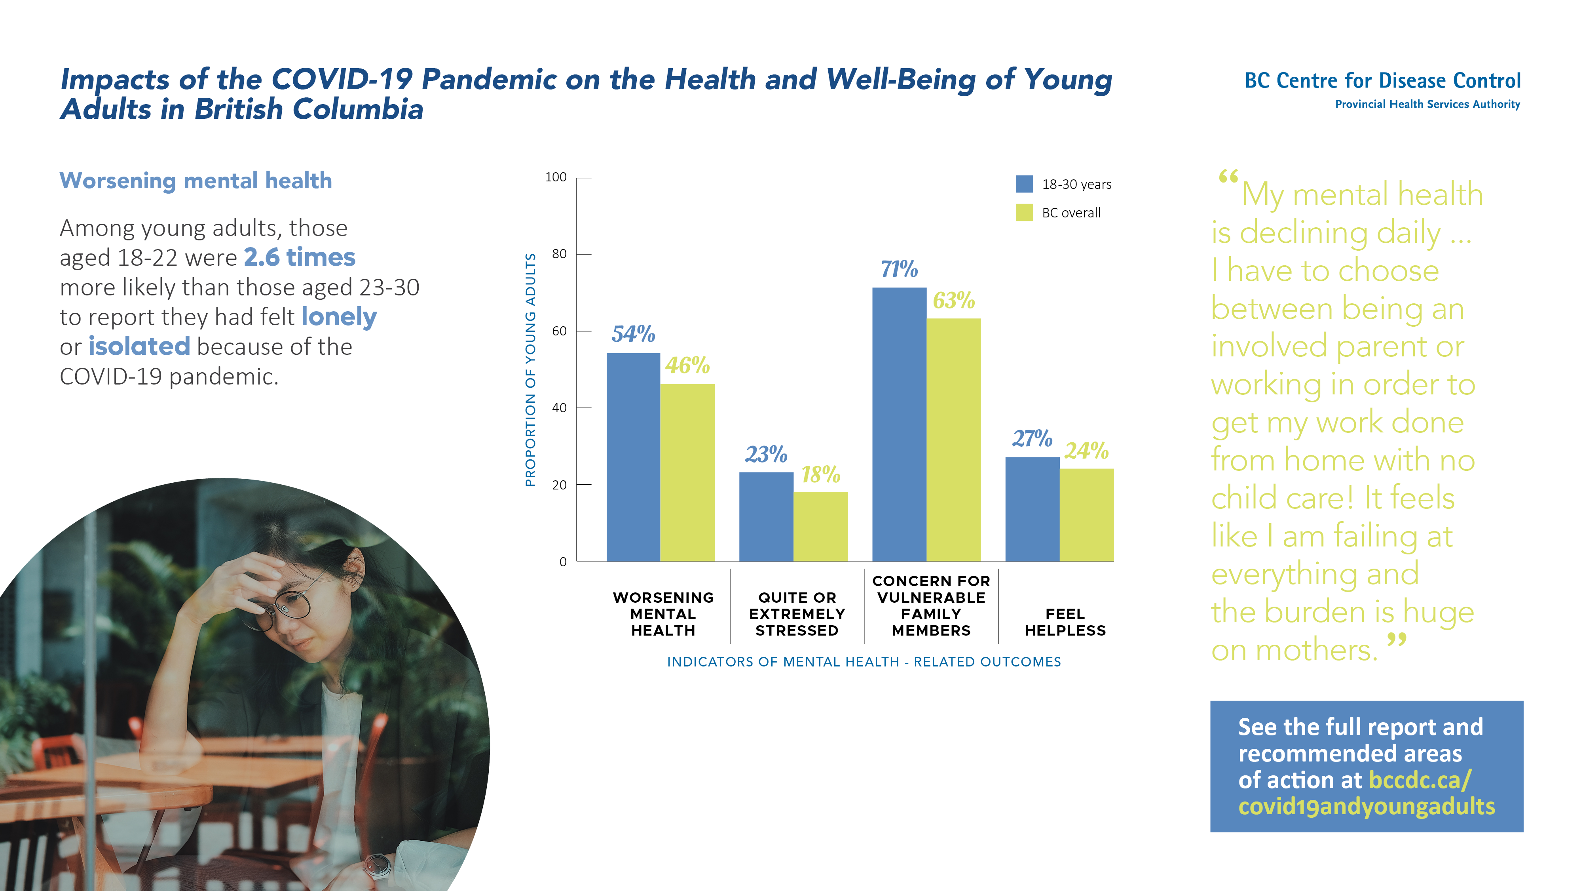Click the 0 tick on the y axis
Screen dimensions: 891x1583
(x=562, y=562)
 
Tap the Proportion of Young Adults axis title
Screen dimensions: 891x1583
(x=530, y=369)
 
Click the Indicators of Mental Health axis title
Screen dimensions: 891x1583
(x=864, y=662)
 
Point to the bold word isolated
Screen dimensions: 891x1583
(x=139, y=346)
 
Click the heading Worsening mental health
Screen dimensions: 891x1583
(x=196, y=181)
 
